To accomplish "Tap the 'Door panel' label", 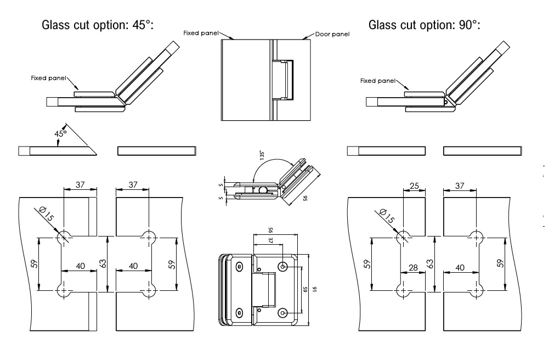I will (x=332, y=34).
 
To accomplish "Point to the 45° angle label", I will (x=60, y=133).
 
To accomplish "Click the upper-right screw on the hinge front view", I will (x=283, y=267).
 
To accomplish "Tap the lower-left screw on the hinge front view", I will (x=239, y=313).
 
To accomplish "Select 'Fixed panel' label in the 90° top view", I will (x=377, y=81).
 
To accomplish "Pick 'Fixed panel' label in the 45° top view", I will (x=48, y=78).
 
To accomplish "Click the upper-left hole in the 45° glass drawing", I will (x=64, y=237).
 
